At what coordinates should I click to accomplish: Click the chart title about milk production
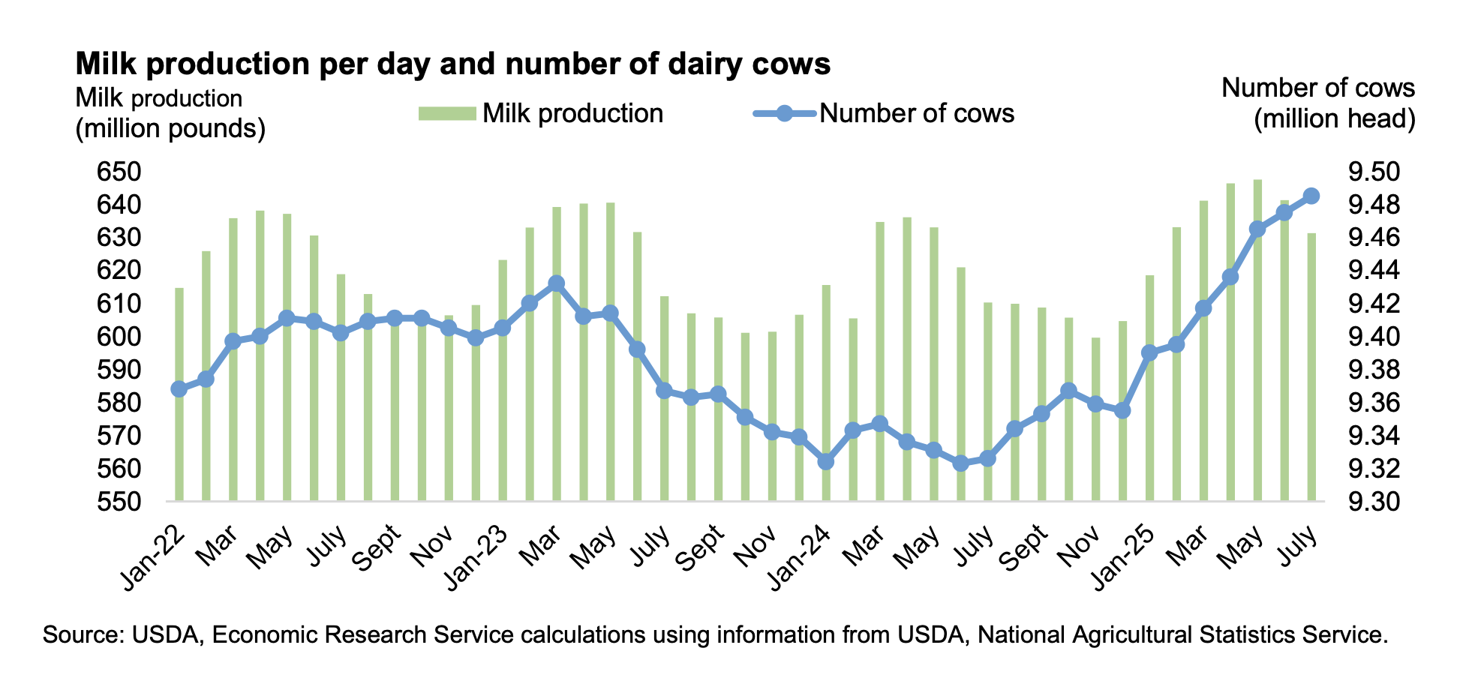[452, 64]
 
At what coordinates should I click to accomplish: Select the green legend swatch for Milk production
[447, 114]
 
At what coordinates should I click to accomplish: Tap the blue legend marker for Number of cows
[784, 114]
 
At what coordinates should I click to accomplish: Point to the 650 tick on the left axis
[119, 172]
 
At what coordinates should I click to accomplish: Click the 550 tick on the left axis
[119, 502]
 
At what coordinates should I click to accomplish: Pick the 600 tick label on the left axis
[119, 337]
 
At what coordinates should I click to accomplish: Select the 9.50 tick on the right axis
[1374, 172]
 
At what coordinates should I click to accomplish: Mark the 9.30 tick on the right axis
[1374, 502]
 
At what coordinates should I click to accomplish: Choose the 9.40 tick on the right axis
[1374, 337]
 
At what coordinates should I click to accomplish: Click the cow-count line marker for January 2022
[179, 388]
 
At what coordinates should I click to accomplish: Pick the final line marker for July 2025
[1311, 196]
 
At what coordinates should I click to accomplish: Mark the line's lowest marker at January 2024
[826, 462]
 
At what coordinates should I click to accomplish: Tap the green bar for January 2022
[179, 394]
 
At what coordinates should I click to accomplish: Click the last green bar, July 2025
[1311, 367]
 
